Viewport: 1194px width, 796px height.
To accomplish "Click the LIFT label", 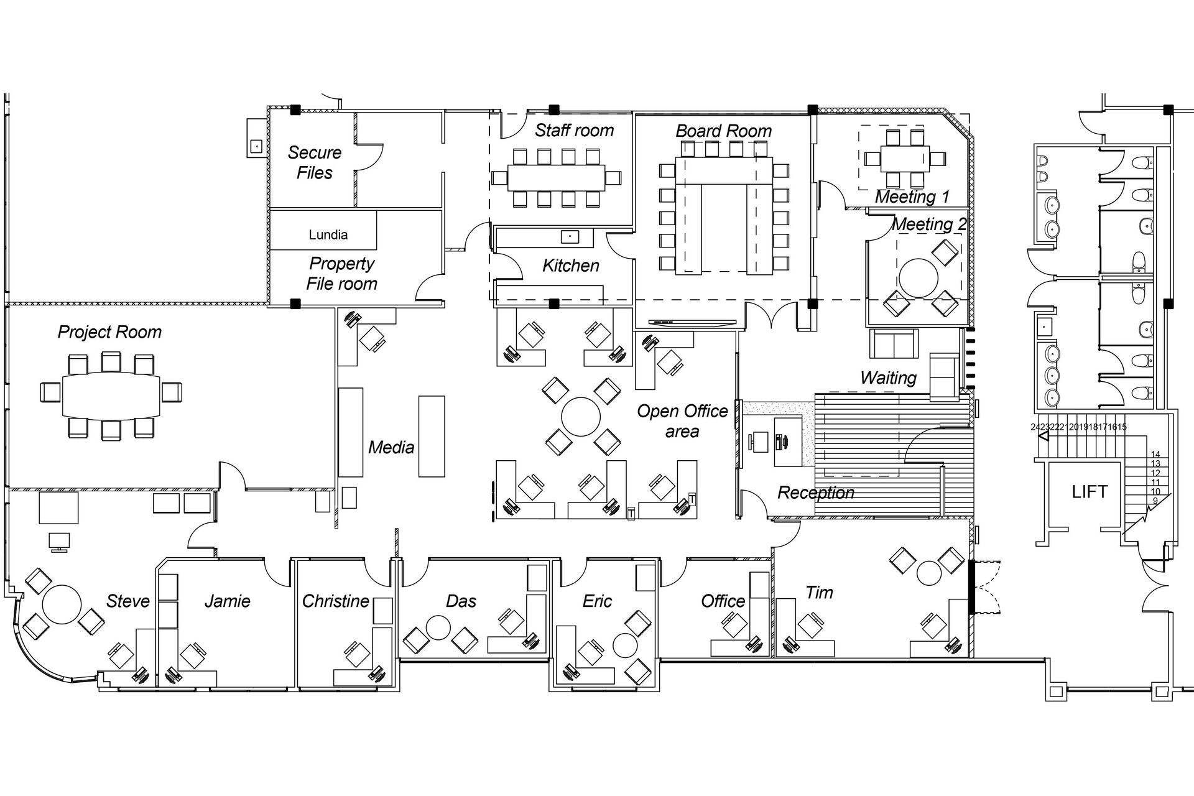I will point(1089,492).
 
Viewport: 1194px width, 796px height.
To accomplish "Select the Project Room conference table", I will point(111,396).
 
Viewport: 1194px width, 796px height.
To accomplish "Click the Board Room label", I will point(723,131).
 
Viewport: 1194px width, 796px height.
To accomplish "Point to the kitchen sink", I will point(570,236).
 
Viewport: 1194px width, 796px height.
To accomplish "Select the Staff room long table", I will point(556,177).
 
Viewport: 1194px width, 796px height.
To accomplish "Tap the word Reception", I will point(815,493).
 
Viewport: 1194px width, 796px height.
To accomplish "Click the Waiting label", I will point(888,377).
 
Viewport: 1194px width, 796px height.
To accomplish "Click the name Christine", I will point(335,601).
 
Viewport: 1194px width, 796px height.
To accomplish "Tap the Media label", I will point(391,447).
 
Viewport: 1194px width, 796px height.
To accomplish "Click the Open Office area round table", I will point(581,417).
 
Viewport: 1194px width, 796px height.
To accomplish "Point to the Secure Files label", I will point(315,162).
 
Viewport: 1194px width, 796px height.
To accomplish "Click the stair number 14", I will point(1155,455).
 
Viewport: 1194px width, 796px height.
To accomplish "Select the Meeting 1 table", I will point(904,159).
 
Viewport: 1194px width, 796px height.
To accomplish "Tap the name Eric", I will point(597,601).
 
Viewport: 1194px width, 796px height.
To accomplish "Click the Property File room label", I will point(341,274).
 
